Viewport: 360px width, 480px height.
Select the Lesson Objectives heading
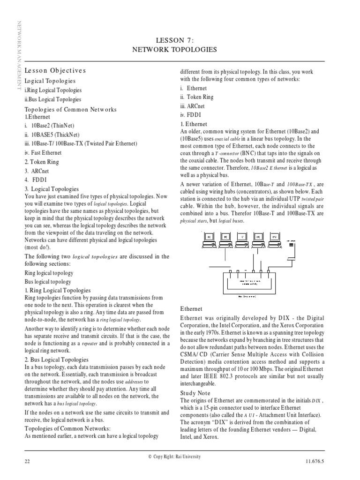(x=55, y=70)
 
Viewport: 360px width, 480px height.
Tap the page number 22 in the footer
(x=27, y=461)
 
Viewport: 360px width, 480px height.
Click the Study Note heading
(x=195, y=393)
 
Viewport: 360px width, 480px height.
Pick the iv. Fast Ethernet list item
(x=43, y=152)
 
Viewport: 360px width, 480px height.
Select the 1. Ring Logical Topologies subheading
(x=58, y=291)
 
